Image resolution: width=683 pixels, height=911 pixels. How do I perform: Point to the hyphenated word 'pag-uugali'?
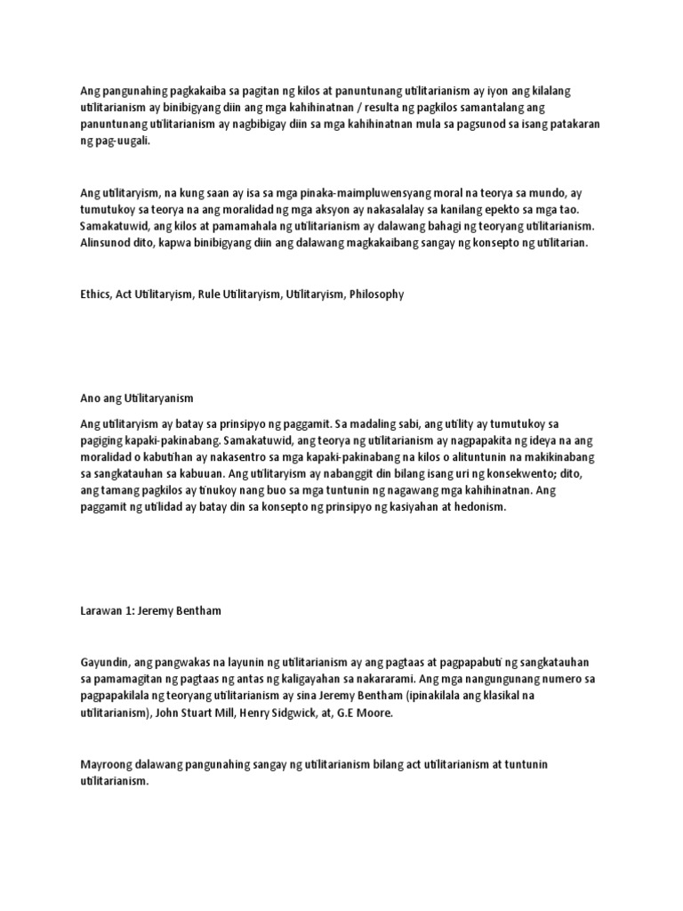121,141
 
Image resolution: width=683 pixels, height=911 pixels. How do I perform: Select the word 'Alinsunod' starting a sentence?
106,243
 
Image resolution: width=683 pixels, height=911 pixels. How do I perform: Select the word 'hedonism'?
479,507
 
